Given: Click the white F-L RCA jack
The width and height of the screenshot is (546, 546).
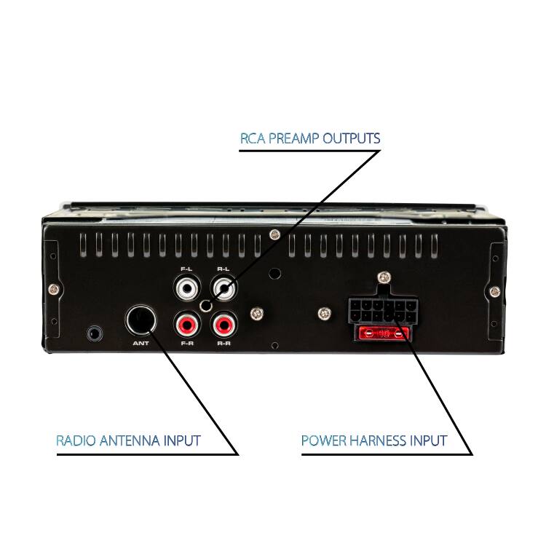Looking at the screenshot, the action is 187,288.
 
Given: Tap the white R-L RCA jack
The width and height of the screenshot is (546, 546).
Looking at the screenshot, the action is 224,288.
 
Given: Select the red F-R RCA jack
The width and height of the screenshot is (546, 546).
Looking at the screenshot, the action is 187,325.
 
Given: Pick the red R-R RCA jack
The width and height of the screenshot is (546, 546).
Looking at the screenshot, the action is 224,325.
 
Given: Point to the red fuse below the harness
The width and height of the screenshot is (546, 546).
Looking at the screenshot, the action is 384,334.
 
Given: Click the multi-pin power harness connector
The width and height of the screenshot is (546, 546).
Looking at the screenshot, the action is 383,311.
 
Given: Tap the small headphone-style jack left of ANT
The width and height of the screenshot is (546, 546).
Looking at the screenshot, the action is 95,333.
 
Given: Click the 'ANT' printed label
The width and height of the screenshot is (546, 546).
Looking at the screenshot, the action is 141,344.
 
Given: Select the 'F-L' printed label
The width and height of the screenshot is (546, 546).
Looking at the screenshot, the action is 186,269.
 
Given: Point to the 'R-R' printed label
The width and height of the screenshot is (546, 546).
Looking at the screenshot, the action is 223,344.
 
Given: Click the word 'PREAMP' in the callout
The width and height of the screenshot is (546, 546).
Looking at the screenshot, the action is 294,138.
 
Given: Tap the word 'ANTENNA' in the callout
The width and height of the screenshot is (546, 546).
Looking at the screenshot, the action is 130,440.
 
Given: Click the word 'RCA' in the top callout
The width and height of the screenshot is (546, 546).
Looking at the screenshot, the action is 253,138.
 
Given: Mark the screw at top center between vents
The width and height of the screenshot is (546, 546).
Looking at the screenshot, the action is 275,234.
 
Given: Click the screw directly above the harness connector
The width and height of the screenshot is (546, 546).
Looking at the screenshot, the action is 384,277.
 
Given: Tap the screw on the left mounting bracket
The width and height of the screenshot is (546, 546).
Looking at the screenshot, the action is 54,289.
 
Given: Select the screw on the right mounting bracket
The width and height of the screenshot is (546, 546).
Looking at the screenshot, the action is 495,291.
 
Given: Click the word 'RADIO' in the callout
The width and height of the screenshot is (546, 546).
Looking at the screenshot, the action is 76,440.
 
